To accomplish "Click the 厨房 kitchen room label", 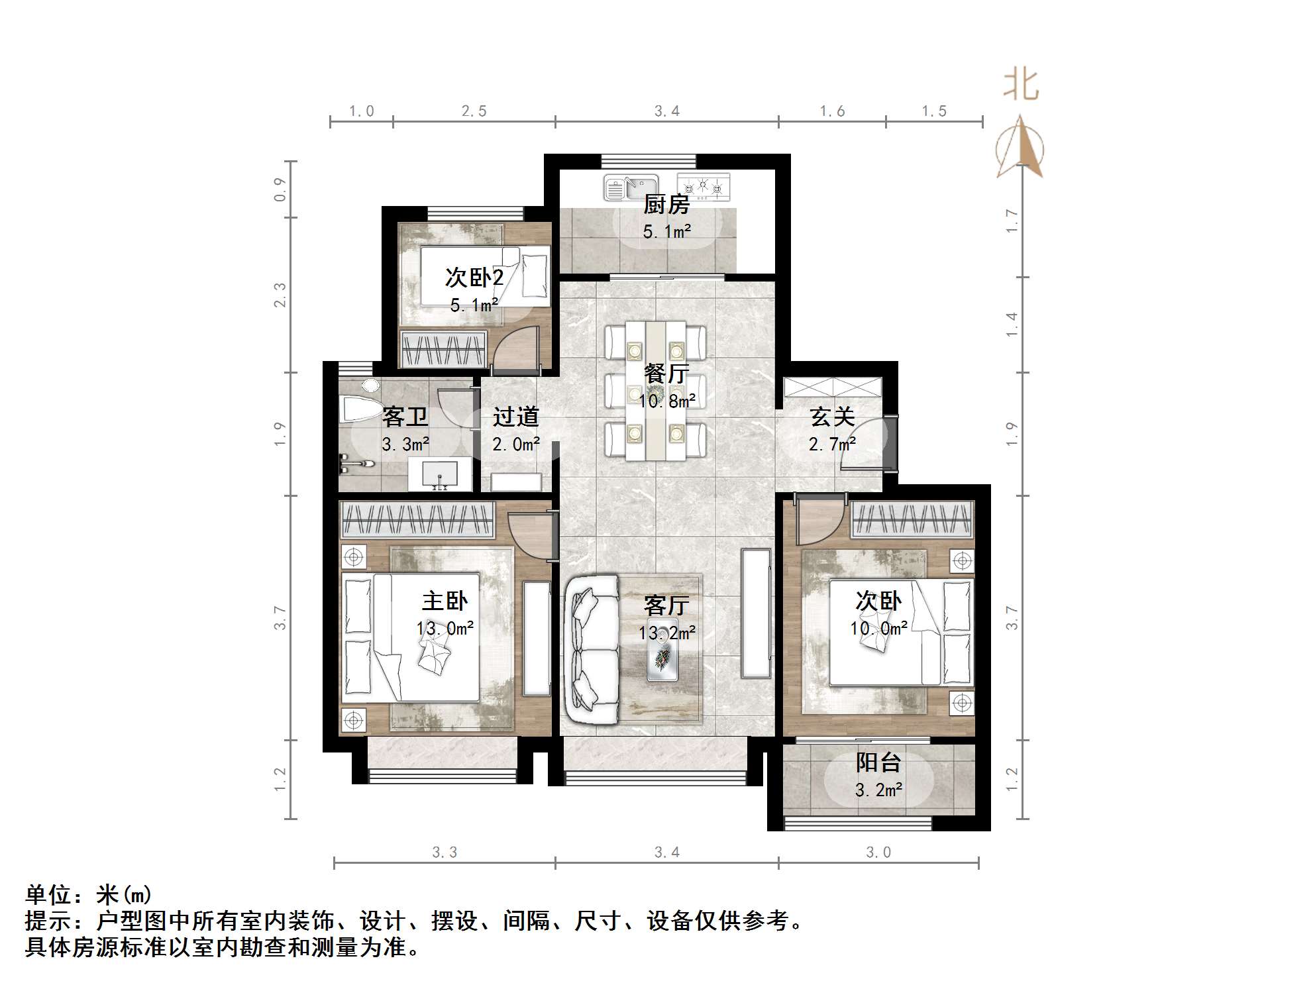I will [x=666, y=204].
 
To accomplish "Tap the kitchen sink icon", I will [x=630, y=187].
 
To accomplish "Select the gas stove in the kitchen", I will [x=704, y=187].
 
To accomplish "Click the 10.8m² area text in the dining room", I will [x=667, y=401].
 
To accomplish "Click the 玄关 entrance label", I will [x=832, y=417].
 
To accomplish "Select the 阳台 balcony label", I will [x=878, y=762].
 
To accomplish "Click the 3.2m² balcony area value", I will [x=878, y=790].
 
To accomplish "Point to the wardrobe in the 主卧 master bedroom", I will [x=417, y=520].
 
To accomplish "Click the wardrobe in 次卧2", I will [x=443, y=348].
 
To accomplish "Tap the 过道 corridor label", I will [x=515, y=417].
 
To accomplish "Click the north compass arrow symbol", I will [x=1020, y=147].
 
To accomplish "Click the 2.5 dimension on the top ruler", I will [x=474, y=111].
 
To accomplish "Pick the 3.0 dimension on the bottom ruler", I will [x=878, y=853].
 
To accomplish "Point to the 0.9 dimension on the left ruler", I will [x=280, y=189].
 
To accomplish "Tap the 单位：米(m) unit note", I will [x=89, y=895].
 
